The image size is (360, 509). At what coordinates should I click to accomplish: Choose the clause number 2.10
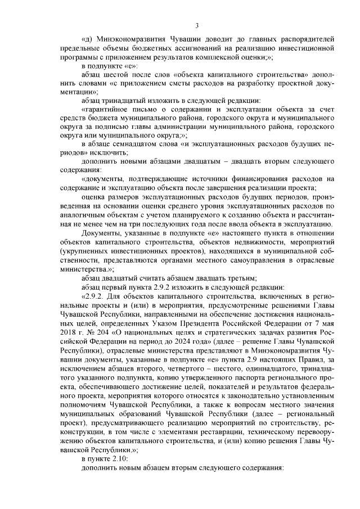pyautogui.click(x=119, y=458)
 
